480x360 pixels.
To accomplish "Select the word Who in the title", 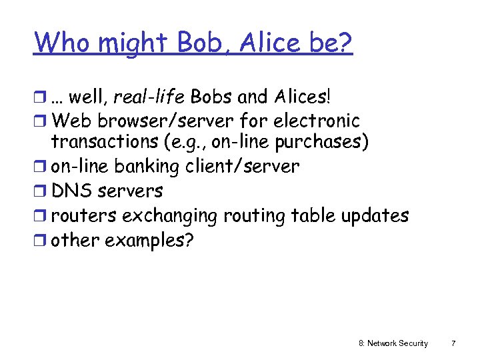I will click(x=61, y=43).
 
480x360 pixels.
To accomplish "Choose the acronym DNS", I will click(x=71, y=191).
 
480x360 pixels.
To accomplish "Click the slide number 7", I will click(x=453, y=343).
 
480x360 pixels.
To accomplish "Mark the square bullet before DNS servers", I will click(x=41, y=191).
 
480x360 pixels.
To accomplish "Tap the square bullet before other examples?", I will click(x=41, y=241).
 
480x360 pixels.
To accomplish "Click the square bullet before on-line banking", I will click(x=41, y=167).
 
